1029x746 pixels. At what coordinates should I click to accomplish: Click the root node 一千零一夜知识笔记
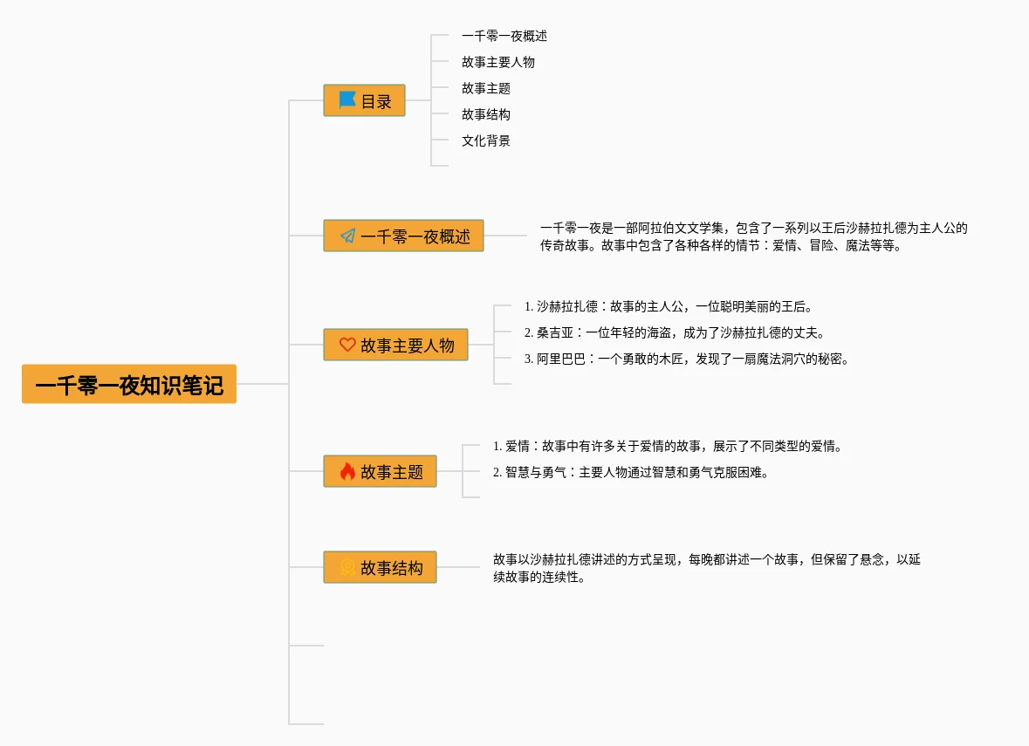[x=129, y=385]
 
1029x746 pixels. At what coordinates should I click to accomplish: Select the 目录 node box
[x=365, y=101]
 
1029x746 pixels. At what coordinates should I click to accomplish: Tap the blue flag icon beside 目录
[x=347, y=100]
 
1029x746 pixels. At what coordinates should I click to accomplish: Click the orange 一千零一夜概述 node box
[x=403, y=236]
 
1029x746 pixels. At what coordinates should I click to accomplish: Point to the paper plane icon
[x=347, y=236]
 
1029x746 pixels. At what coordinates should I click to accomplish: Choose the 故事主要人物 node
[x=395, y=346]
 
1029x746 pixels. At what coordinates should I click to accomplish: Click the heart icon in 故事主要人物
[x=347, y=345]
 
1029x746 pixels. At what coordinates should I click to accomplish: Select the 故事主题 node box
[x=380, y=472]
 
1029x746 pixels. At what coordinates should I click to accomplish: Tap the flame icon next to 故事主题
[x=347, y=472]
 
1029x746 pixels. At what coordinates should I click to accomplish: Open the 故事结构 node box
[x=380, y=568]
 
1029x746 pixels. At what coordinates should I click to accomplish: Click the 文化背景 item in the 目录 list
[x=486, y=140]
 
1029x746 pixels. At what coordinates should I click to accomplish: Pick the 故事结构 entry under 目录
[x=486, y=114]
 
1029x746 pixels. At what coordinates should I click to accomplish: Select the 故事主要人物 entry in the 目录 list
[x=498, y=62]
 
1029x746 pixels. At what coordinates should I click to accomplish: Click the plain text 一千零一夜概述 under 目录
[x=504, y=36]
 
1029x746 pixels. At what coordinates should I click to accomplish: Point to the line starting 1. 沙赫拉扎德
[x=669, y=306]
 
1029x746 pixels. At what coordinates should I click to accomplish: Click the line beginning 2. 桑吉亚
[x=675, y=332]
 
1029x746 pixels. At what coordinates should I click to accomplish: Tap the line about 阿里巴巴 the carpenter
[x=687, y=359]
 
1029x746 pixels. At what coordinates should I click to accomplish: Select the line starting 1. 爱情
[x=668, y=446]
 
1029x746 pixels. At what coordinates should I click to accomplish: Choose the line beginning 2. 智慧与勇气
[x=631, y=472]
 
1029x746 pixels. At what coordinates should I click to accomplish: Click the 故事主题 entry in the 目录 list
[x=486, y=88]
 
